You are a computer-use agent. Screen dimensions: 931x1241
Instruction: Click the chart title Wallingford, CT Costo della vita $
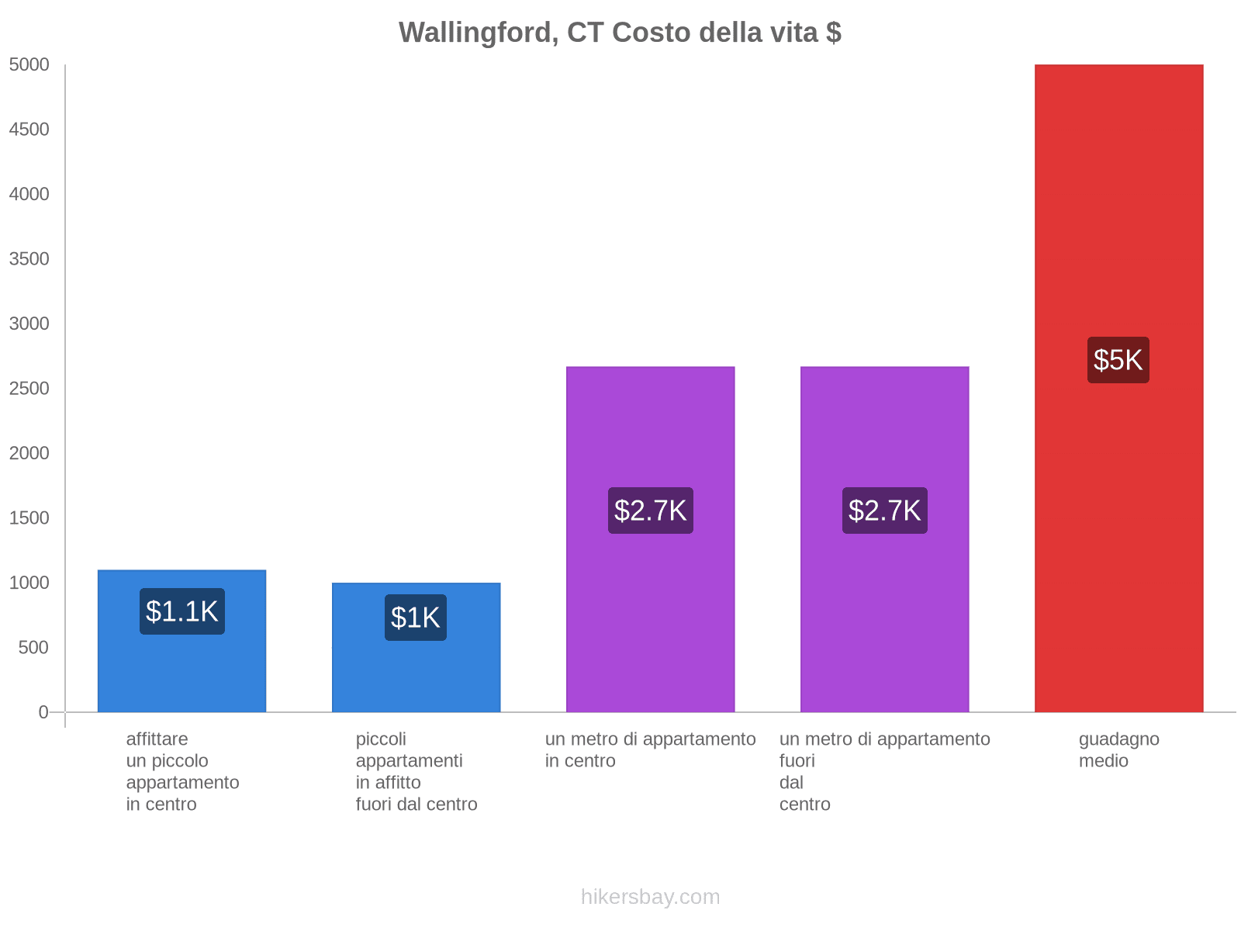(620, 33)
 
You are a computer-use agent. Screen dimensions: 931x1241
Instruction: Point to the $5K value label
(1118, 360)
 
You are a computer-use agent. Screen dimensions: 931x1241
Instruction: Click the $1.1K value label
(181, 611)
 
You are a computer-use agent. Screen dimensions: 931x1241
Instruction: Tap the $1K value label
(416, 618)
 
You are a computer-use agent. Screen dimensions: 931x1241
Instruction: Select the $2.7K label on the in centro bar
(650, 510)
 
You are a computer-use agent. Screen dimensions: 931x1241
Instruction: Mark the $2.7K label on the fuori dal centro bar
(884, 510)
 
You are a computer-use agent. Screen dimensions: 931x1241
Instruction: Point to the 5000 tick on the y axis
(29, 65)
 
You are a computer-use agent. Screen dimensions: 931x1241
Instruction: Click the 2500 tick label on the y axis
(29, 389)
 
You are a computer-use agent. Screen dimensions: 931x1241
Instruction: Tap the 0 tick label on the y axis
(43, 712)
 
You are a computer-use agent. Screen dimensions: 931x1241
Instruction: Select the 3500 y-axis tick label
(29, 259)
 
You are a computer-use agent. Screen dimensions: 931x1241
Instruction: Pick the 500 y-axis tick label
(34, 648)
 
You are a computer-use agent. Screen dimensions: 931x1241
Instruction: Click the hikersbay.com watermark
(650, 897)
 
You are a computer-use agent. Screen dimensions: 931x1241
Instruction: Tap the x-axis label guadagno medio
(1118, 749)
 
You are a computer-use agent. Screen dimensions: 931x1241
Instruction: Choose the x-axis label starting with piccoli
(416, 771)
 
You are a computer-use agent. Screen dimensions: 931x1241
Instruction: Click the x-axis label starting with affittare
(182, 771)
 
